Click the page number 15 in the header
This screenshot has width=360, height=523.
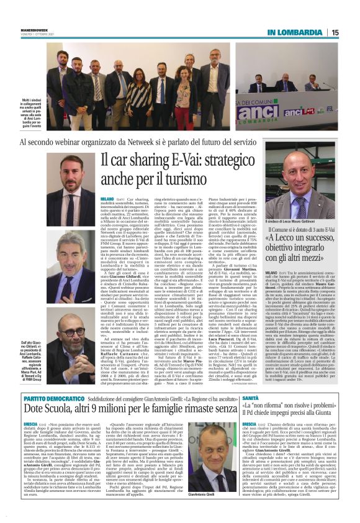[x=335, y=32]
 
